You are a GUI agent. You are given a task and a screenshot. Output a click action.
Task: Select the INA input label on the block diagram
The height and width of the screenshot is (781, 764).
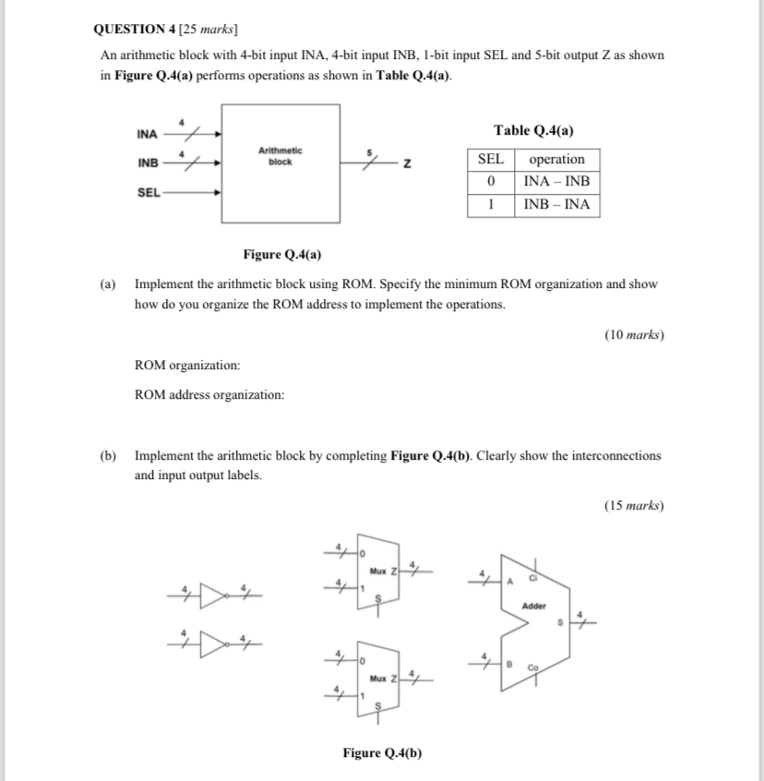pos(147,135)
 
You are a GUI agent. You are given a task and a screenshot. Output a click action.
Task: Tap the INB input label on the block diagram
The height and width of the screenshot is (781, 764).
pos(147,163)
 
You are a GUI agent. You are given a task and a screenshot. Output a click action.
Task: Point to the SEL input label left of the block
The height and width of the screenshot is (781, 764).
pos(147,193)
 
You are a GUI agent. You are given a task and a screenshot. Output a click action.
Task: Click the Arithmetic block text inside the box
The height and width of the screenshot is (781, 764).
pos(280,155)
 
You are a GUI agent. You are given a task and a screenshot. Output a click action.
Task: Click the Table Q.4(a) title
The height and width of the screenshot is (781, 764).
pos(533,130)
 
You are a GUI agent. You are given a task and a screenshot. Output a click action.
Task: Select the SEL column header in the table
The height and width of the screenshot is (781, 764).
pos(490,159)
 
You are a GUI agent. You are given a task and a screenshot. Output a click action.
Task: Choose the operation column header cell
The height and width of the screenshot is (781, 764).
pos(556,159)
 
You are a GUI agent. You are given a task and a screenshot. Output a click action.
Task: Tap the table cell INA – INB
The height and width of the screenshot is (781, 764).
pos(556,182)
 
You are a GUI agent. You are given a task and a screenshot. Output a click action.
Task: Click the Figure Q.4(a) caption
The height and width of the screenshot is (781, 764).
pos(282,254)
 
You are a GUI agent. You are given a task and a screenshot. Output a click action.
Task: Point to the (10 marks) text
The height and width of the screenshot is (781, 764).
pos(634,335)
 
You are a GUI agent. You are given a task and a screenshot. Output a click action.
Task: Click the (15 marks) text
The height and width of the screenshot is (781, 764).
pos(634,505)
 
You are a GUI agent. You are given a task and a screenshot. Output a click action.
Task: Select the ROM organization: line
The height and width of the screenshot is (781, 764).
pos(187,366)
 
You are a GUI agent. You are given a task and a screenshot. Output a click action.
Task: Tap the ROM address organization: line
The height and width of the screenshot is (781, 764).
pos(209,395)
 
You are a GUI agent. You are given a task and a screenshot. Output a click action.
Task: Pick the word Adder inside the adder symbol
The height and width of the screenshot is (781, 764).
pos(534,607)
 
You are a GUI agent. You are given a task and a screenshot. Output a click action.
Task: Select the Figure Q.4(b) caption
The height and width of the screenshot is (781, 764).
pos(382,752)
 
